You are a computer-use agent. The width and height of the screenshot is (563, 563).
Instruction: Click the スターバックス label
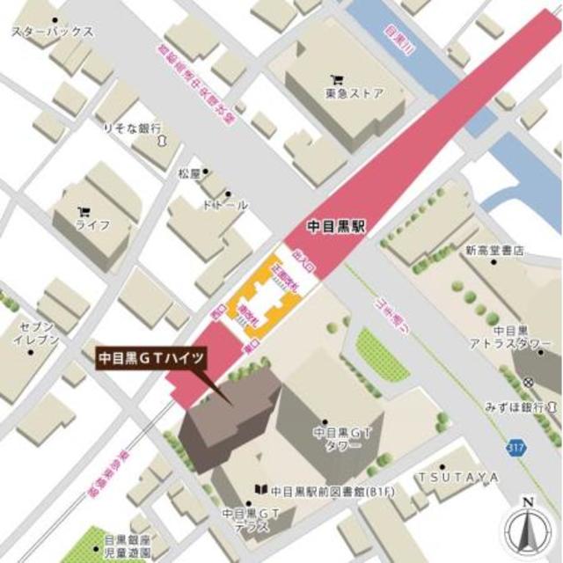click(52, 33)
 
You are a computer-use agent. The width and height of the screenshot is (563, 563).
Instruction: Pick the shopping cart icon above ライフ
click(84, 210)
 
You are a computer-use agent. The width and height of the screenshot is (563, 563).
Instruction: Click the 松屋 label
click(189, 173)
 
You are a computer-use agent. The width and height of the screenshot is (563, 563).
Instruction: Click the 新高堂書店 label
click(494, 251)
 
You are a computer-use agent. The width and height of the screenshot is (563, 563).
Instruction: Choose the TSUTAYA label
click(457, 477)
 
